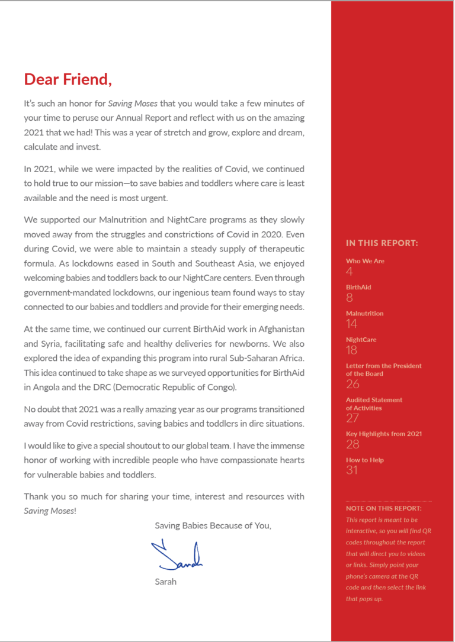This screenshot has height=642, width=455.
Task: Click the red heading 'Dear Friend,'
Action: coord(68,79)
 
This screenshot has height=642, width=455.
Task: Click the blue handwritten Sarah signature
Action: coord(177,556)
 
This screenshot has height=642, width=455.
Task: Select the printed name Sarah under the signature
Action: coord(165,582)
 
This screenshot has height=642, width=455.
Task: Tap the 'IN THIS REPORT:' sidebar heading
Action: coord(382,243)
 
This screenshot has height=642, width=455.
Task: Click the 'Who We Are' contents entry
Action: coord(365,261)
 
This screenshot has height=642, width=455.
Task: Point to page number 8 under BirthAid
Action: coord(350,298)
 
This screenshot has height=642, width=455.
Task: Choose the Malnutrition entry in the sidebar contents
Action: coord(364,313)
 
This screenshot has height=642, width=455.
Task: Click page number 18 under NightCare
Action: coord(351,350)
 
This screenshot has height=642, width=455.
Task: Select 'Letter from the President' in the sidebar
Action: coord(383,366)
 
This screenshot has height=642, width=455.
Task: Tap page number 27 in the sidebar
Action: coord(353,418)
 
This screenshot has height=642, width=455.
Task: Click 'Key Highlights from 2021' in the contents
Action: coord(383,434)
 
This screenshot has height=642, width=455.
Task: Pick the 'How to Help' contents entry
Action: coord(365,460)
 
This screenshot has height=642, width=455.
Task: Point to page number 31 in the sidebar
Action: coord(352,470)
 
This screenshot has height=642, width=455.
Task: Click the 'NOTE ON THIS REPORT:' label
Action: coord(383,508)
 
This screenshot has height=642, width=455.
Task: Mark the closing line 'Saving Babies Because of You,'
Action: coord(213,525)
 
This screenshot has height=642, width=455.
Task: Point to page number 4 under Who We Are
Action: coord(349,272)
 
